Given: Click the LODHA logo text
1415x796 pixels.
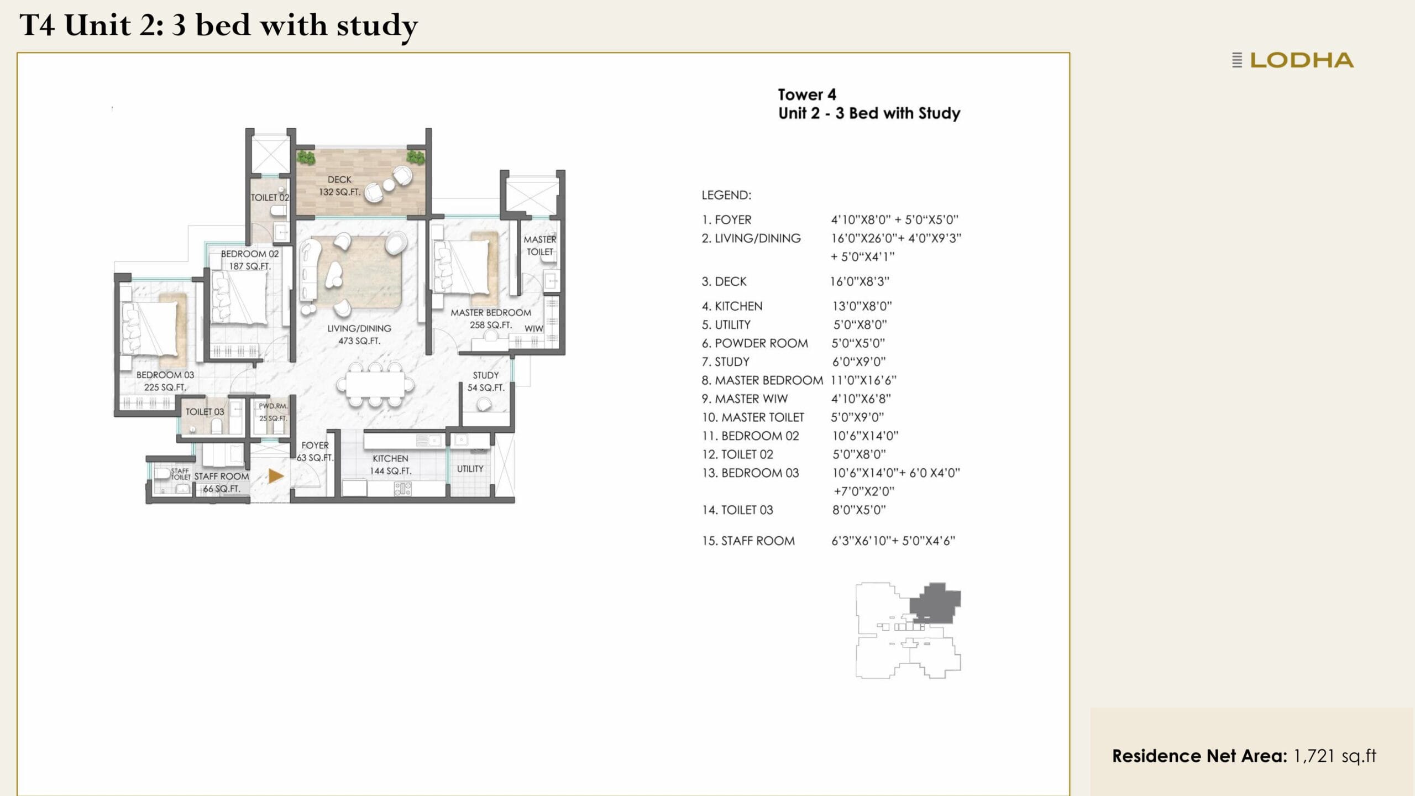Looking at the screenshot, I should (1301, 60).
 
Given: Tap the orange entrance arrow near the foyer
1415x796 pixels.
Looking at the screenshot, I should (275, 476).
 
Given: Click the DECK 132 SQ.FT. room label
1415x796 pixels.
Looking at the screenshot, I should (339, 186).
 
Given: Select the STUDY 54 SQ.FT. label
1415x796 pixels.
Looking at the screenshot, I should (485, 381).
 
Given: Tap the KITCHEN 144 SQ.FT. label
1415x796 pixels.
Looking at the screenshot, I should (390, 465).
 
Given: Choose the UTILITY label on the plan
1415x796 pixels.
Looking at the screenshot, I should (470, 469).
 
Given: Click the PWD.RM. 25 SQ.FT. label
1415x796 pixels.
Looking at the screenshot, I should (273, 412).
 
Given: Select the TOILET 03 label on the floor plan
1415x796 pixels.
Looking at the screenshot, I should (205, 412).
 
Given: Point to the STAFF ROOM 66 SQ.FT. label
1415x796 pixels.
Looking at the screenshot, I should (221, 482).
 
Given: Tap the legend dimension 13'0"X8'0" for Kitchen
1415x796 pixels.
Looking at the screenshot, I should (862, 306).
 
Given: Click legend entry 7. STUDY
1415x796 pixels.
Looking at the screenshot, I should (726, 362).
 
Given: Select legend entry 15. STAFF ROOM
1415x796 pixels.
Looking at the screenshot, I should (748, 541).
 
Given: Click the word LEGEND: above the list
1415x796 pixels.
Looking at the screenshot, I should (726, 195).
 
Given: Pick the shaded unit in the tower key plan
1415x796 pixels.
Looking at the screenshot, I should (934, 604).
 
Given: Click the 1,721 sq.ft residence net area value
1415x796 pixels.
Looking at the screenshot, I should (1334, 756).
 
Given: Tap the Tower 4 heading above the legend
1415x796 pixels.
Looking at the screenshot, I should (807, 95).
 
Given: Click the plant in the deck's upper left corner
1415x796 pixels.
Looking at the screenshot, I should (306, 158).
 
